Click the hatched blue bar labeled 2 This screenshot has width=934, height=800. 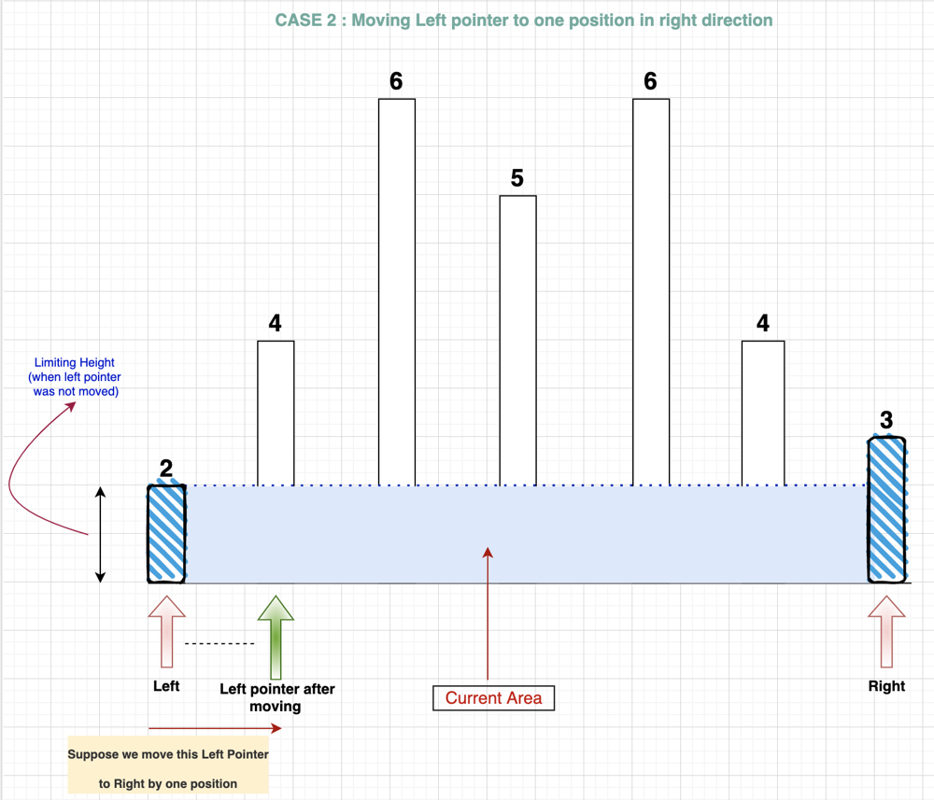coord(166,534)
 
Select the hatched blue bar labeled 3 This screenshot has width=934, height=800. coord(886,510)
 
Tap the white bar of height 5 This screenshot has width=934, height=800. coord(517,341)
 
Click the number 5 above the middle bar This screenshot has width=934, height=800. coord(517,177)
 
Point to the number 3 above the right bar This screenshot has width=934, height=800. coord(886,421)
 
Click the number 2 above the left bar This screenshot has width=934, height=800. coord(166,469)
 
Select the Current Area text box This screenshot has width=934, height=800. coord(493,698)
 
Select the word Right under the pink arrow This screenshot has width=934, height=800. coord(886,686)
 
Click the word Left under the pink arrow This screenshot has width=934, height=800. coord(166,686)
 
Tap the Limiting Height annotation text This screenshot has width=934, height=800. coord(76,377)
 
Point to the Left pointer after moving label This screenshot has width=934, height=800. coord(276,697)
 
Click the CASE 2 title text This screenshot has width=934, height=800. coord(524,20)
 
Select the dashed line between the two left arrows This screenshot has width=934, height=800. coord(219,644)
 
